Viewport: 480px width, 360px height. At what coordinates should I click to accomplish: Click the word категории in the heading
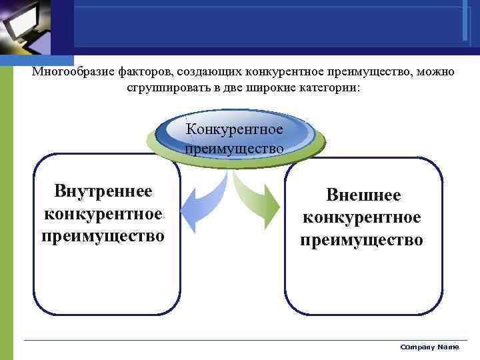point(331,88)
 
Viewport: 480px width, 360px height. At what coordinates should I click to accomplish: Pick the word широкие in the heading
point(277,88)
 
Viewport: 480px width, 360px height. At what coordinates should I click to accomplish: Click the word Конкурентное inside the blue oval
point(234,128)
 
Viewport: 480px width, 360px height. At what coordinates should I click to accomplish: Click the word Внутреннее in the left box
point(103,192)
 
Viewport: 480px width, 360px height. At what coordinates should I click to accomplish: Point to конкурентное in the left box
point(103,214)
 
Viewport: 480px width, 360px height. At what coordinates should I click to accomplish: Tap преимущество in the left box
point(103,236)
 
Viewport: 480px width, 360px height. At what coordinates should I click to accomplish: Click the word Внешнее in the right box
point(363,195)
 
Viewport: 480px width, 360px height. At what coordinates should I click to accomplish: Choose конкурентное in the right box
point(361,217)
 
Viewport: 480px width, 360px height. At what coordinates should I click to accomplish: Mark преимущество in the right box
point(361,240)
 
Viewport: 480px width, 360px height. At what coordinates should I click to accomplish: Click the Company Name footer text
point(429,347)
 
